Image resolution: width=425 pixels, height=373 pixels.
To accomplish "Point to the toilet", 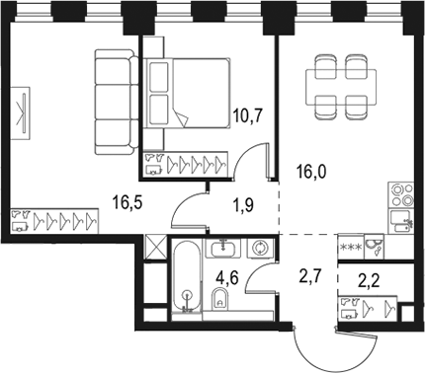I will [222, 300].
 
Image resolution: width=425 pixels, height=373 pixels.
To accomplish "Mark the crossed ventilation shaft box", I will [154, 248].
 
